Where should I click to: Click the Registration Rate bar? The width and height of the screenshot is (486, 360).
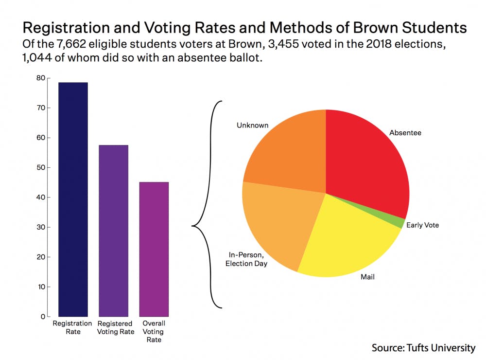(73, 199)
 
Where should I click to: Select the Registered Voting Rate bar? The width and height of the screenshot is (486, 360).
(113, 231)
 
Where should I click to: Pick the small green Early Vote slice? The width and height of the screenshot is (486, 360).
(399, 223)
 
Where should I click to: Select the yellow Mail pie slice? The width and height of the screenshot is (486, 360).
(350, 238)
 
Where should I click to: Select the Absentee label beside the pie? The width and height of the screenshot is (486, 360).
(405, 132)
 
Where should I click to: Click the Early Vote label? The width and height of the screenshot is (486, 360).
(422, 225)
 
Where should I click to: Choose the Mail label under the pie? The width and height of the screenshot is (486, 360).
(367, 278)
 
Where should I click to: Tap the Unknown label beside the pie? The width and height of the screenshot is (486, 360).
(252, 126)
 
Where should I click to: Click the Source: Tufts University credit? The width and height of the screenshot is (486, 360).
(423, 348)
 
